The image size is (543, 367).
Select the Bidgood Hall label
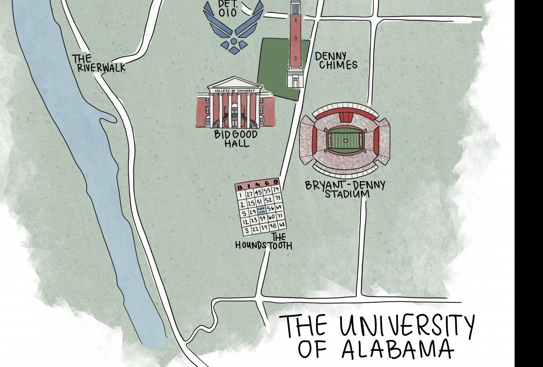pos(236,138)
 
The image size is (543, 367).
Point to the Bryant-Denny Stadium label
pos(345,189)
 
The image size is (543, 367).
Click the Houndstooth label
pos(264,241)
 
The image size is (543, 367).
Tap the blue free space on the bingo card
pos(261,210)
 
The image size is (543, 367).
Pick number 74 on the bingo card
pos(275,189)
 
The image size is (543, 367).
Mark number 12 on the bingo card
pos(245,222)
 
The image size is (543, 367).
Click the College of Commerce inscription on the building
pos(235,91)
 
